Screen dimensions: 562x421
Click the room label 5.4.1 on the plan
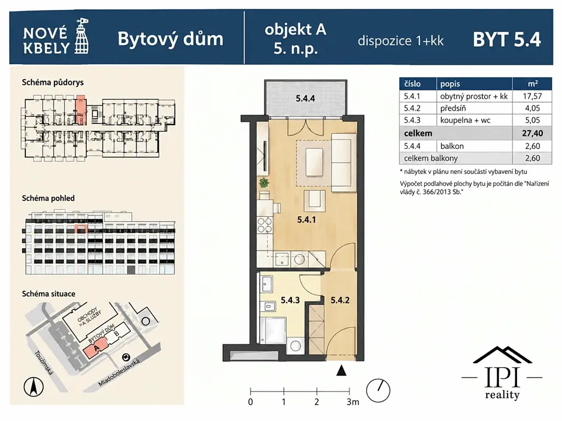[306, 220]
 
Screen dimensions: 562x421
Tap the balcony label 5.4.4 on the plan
[305, 98]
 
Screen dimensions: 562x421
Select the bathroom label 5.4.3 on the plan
[290, 300]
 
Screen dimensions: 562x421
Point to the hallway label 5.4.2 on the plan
[340, 300]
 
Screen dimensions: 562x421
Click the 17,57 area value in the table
[532, 96]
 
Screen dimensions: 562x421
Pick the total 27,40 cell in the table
[532, 133]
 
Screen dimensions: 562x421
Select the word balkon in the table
[452, 146]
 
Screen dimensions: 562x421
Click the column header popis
[450, 84]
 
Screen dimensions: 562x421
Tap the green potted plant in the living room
[264, 183]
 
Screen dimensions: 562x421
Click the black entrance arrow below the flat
[341, 371]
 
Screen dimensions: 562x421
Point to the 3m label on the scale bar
[353, 402]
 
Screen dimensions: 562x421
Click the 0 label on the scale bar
[250, 402]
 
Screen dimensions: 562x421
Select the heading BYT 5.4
[507, 40]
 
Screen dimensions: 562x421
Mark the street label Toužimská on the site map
[44, 363]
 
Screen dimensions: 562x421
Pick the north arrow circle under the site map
[33, 388]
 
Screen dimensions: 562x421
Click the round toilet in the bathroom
[296, 346]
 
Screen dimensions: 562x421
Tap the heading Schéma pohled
[48, 198]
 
